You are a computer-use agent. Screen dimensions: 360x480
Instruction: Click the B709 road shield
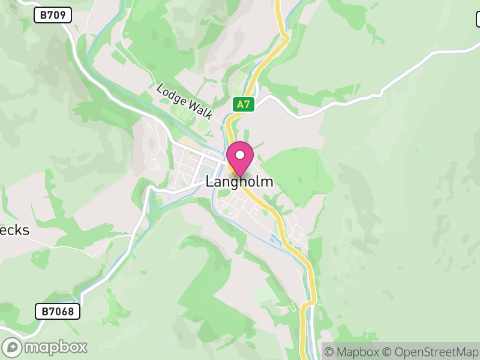coord(53,15)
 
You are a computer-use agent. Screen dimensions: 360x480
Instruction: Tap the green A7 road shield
coord(244,104)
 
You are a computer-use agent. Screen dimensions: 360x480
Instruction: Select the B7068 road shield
coord(58,311)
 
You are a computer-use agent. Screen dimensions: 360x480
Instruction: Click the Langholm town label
coord(239,181)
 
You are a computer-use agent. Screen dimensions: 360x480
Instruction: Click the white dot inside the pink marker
coord(240,155)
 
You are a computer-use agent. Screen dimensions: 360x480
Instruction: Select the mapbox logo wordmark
coord(55,347)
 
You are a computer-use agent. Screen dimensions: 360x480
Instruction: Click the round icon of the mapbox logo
coord(13,347)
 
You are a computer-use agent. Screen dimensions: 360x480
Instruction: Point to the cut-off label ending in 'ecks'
coord(14,230)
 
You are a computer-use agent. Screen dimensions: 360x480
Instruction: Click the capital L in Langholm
coord(209,181)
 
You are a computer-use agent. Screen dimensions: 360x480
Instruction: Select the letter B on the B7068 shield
coord(44,311)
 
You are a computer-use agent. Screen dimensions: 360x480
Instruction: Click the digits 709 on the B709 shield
coord(58,15)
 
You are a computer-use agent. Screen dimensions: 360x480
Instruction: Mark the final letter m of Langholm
coord(267,181)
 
